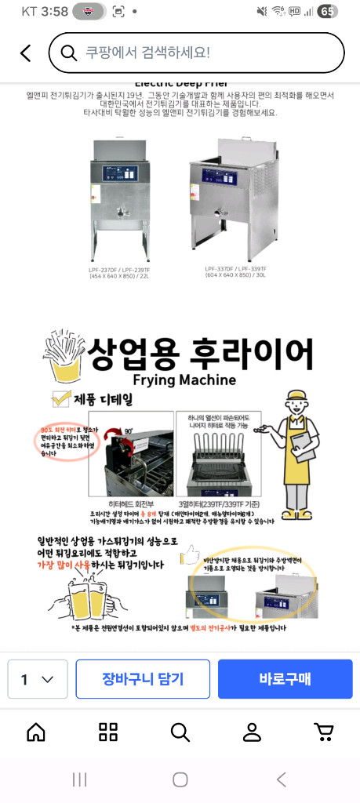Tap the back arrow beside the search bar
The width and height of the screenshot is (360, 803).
(x=26, y=53)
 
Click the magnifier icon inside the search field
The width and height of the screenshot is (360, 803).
(x=71, y=53)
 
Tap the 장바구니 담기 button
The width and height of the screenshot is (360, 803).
(x=143, y=679)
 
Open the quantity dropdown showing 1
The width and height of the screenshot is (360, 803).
(x=37, y=679)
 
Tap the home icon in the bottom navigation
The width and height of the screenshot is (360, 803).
(x=36, y=732)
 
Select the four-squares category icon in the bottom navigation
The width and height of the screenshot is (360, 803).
(x=108, y=732)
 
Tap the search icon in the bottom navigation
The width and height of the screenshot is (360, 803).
(x=180, y=732)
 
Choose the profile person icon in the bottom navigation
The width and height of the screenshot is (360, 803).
(x=252, y=732)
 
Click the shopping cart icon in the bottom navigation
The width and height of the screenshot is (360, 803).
(x=323, y=732)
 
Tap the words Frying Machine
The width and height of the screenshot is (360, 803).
(x=185, y=380)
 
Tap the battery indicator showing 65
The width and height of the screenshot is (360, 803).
(x=327, y=12)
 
